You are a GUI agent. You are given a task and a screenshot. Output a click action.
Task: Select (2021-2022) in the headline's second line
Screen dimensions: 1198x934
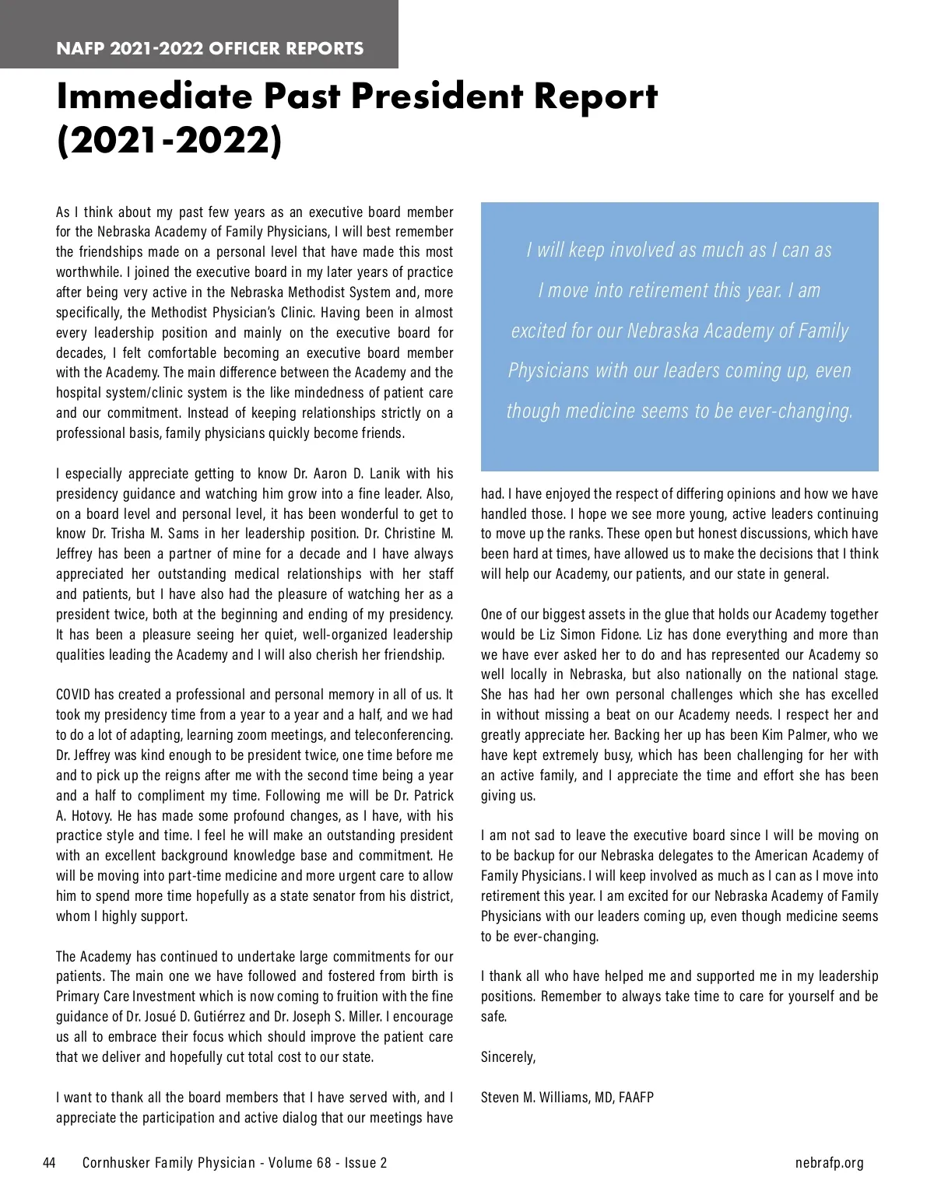[x=169, y=142]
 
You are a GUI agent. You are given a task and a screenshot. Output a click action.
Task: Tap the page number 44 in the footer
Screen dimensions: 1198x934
[x=49, y=1163]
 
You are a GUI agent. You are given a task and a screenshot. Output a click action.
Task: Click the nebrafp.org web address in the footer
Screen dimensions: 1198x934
[x=830, y=1163]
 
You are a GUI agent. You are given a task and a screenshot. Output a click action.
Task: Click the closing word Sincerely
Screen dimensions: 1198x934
[x=508, y=1056]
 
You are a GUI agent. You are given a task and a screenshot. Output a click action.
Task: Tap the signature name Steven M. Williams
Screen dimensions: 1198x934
[x=535, y=1097]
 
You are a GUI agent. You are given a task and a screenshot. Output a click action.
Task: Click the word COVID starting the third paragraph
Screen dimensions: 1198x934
[x=74, y=694]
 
